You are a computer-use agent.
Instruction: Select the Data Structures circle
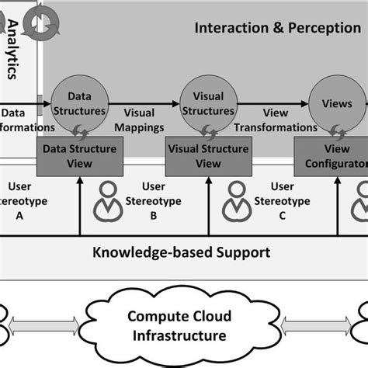pyautogui.click(x=80, y=106)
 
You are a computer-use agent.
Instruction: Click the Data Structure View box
pyautogui.click(x=79, y=156)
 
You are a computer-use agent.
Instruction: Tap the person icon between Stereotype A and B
pyautogui.click(x=107, y=201)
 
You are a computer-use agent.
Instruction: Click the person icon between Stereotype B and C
pyautogui.click(x=235, y=201)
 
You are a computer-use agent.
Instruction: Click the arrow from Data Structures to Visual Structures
pyautogui.click(x=144, y=102)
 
